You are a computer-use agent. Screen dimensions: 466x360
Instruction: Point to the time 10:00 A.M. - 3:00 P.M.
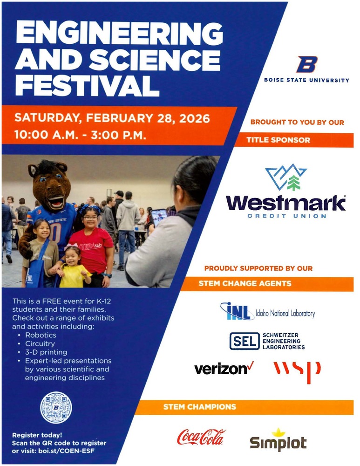(81, 136)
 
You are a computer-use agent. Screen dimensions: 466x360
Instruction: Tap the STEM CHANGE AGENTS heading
(245, 283)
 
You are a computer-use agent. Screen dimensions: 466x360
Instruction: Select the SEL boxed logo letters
(244, 341)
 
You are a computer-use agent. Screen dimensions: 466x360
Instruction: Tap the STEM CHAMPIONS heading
(199, 407)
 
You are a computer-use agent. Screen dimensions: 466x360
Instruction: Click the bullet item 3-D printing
(46, 352)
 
